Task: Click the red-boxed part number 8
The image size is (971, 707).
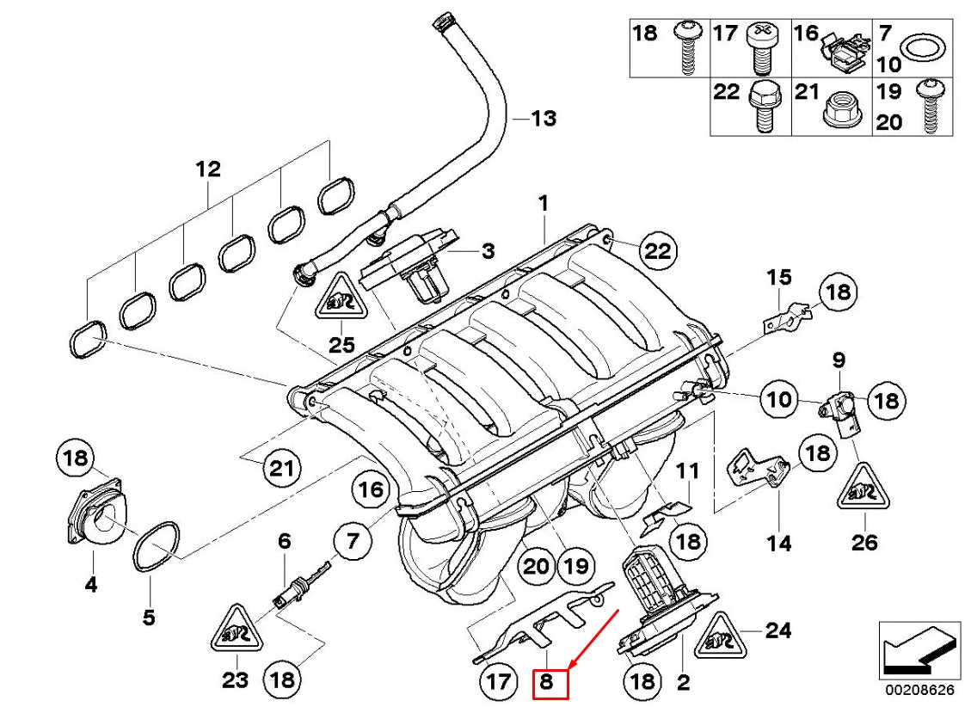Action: click(550, 683)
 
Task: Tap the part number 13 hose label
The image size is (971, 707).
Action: click(543, 118)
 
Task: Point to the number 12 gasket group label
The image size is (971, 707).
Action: click(208, 169)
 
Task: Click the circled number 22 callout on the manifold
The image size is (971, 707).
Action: click(658, 250)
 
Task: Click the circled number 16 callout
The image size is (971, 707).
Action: click(370, 491)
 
